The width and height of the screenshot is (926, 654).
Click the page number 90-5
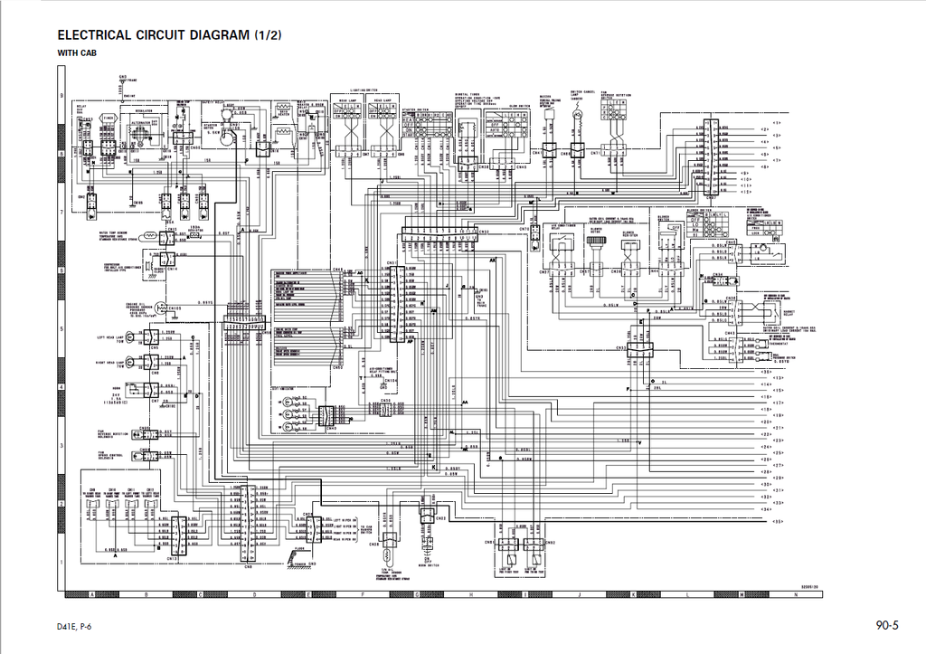pyautogui.click(x=885, y=625)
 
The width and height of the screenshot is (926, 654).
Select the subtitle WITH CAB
pyautogui.click(x=77, y=53)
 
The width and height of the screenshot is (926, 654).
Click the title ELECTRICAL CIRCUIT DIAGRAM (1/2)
pyautogui.click(x=169, y=35)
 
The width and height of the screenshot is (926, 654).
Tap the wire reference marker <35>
pyautogui.click(x=765, y=371)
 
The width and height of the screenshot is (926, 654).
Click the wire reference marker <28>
pyautogui.click(x=765, y=472)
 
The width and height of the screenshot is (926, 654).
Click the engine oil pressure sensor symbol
pyautogui.click(x=160, y=308)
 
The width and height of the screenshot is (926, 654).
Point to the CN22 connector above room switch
pyautogui.click(x=426, y=517)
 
